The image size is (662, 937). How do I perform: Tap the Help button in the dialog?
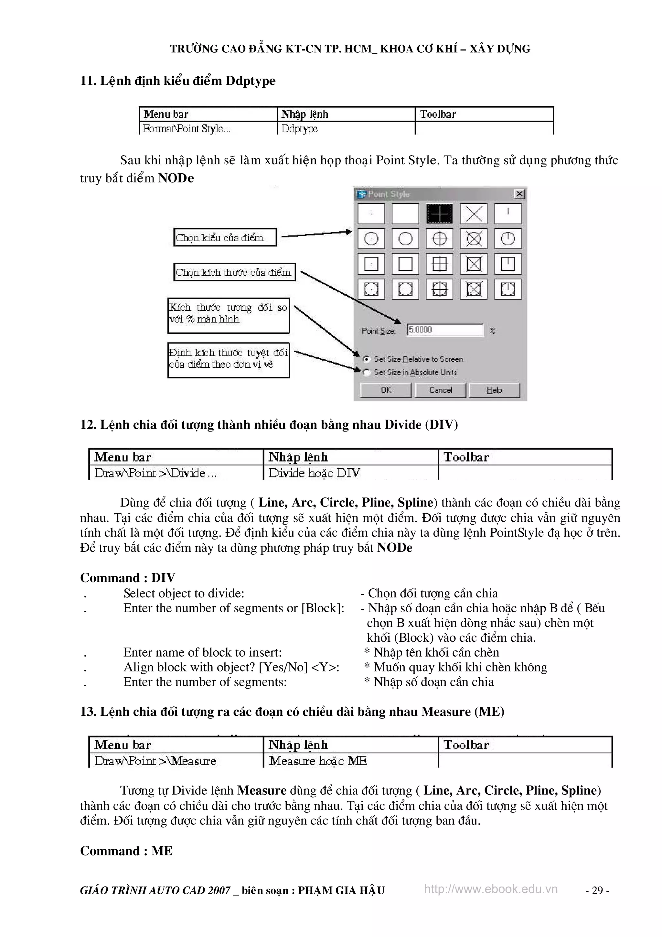point(494,390)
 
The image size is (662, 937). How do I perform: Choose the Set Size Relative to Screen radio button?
point(367,359)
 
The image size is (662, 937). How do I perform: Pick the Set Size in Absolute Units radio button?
point(367,372)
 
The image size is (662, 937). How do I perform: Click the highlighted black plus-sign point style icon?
point(439,213)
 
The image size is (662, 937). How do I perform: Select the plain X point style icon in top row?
point(474,213)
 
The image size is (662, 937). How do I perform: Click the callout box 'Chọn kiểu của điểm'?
point(225,237)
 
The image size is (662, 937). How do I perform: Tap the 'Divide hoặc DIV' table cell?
point(314,473)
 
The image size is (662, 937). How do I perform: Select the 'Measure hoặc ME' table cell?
point(318,761)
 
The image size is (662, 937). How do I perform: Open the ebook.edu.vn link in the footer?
point(491,889)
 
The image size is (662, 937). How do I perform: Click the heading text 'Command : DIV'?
point(128,577)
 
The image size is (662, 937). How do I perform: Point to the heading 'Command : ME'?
point(126,851)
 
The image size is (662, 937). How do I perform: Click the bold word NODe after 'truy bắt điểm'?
point(176,178)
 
